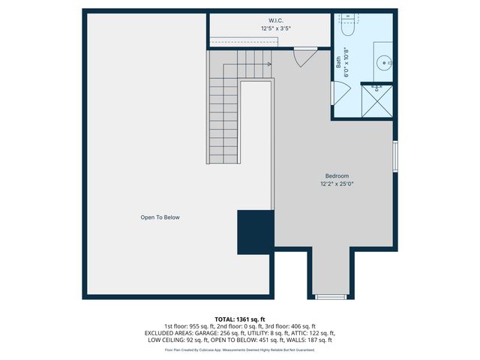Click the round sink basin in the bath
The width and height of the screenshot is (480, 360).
pos(386,63)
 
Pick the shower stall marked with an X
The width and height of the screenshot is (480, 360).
pos(377,100)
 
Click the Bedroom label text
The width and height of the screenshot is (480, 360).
pos(337,176)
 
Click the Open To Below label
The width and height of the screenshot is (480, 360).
pos(160,217)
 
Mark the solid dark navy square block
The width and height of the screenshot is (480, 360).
pos(255,233)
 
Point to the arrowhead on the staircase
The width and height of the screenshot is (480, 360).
pos(268,64)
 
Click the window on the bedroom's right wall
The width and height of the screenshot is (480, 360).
pos(396,158)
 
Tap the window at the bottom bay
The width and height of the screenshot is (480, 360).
pos(330,297)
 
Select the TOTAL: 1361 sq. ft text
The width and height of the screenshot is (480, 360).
pos(239,319)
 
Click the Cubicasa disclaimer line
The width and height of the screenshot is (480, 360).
pos(239,349)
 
